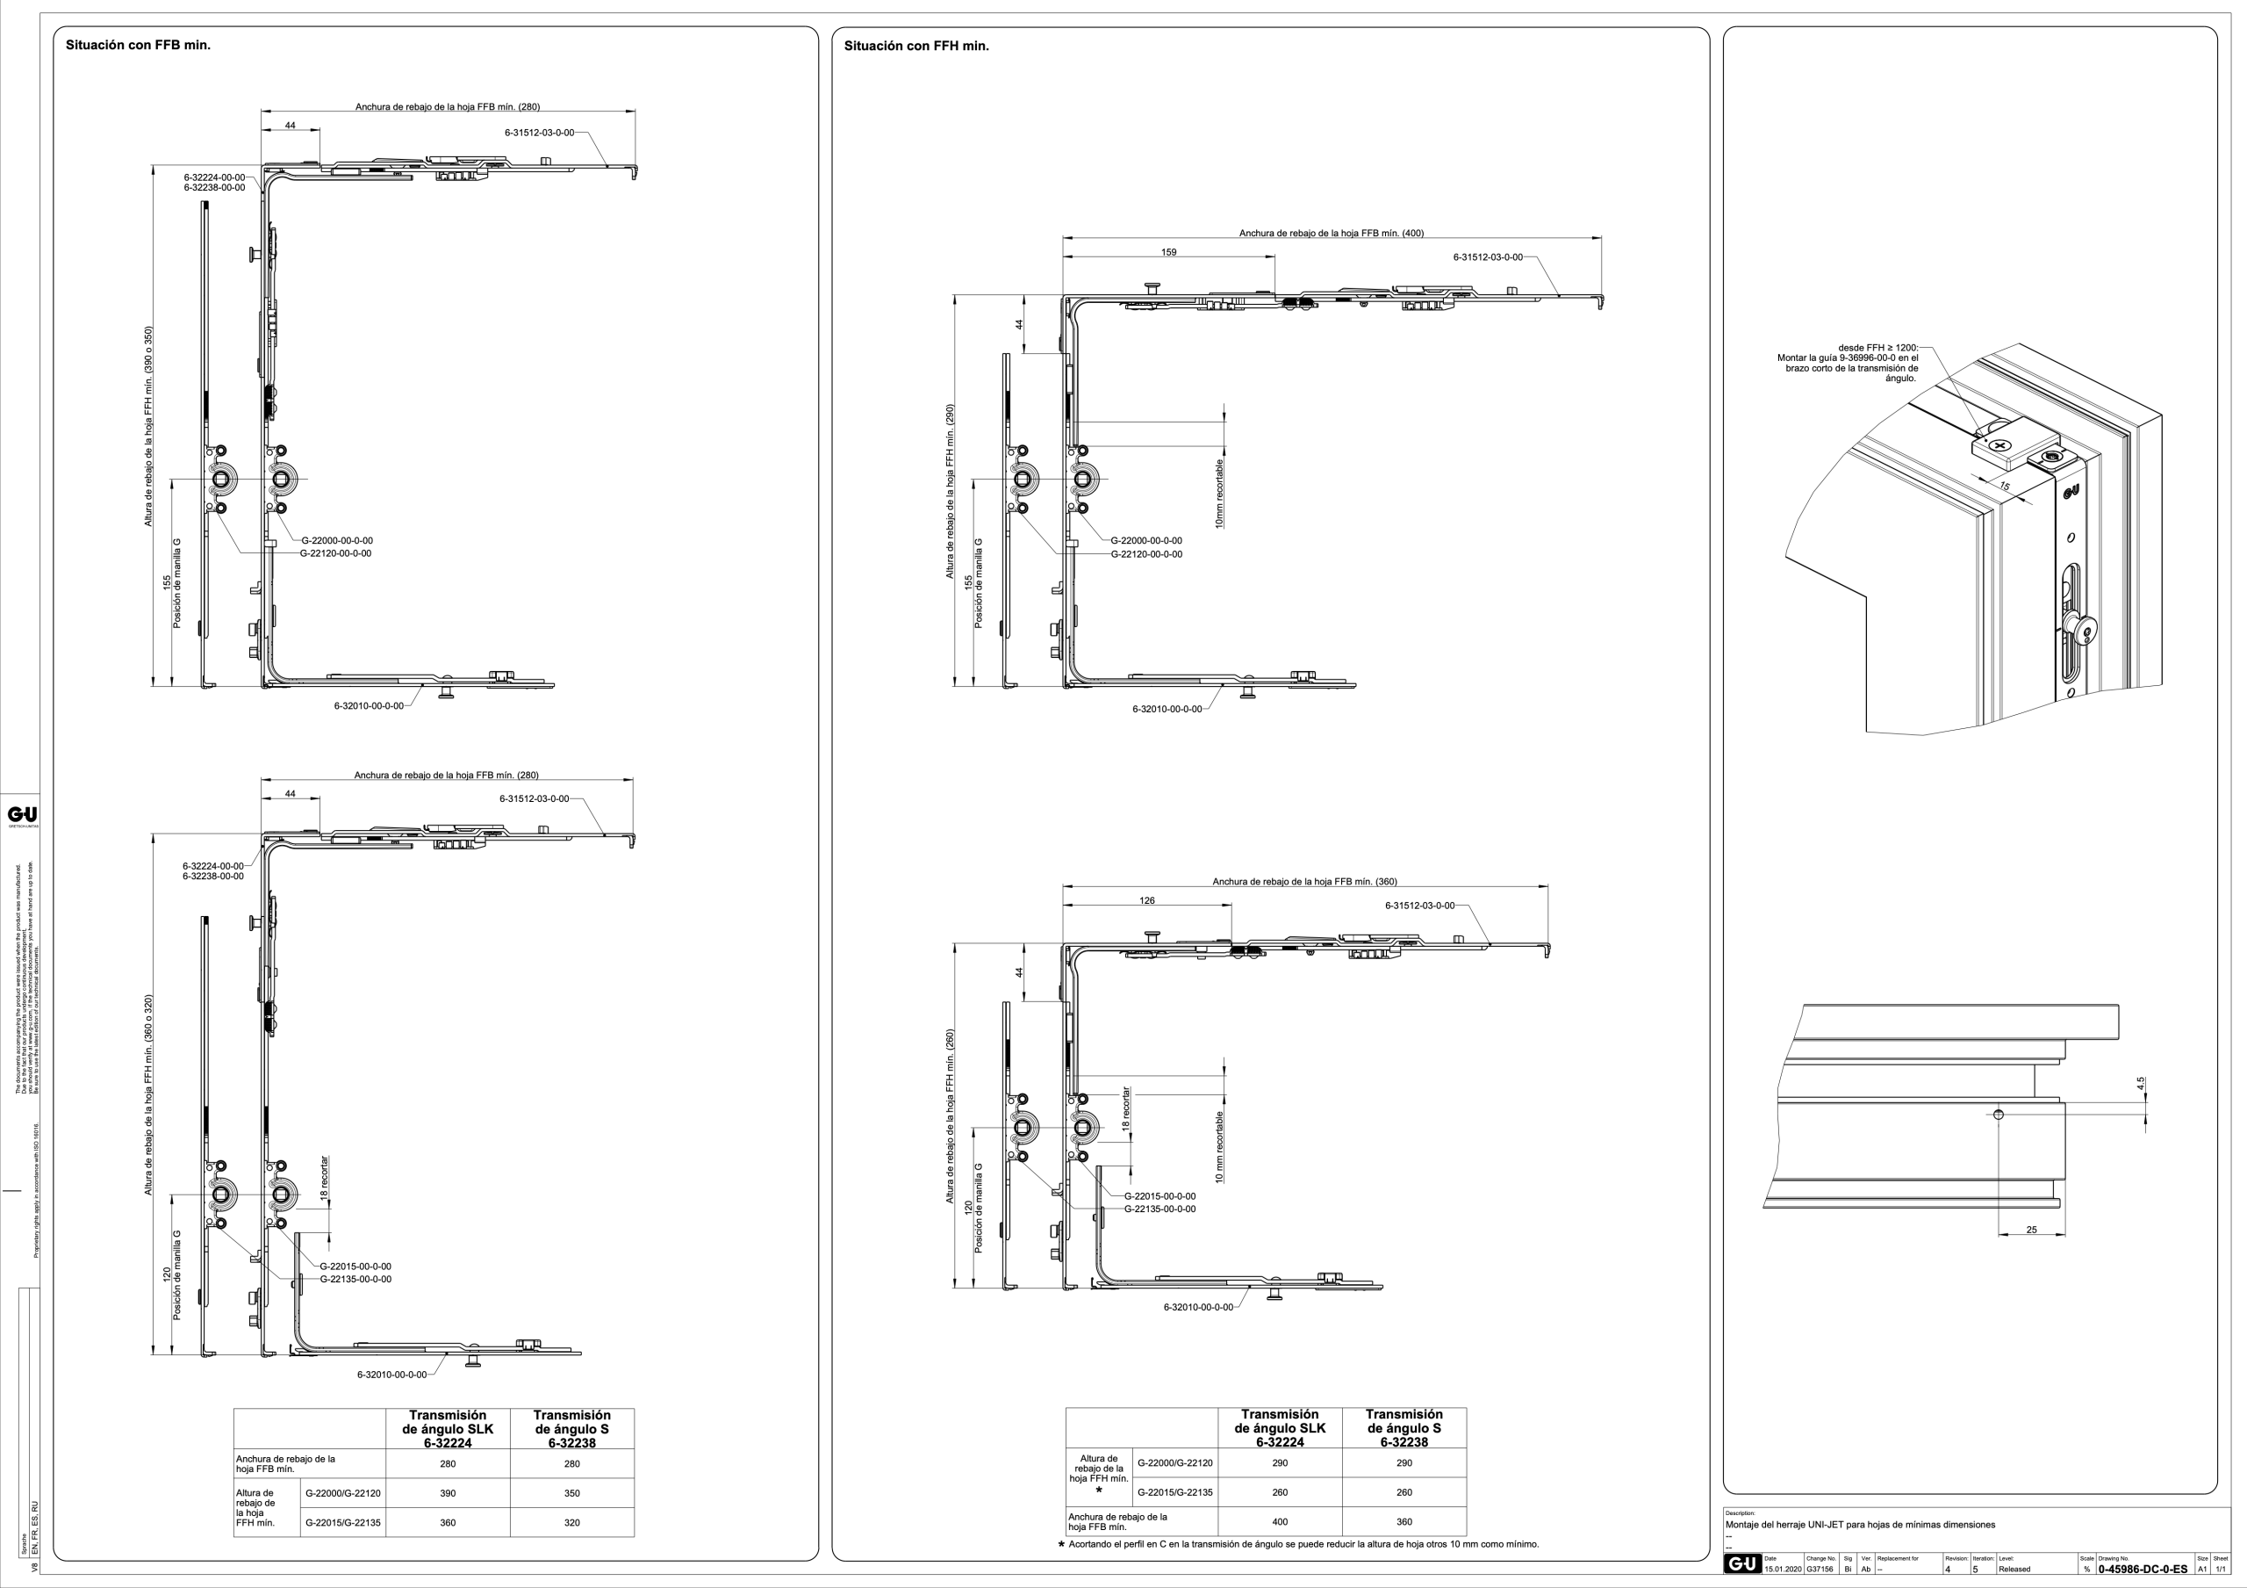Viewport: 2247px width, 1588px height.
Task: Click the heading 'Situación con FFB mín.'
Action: [x=138, y=45]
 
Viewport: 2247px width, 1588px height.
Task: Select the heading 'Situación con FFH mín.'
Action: [x=916, y=46]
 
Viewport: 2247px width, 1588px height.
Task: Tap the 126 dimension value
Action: [x=1147, y=900]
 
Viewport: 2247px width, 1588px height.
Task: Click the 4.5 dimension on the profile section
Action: [x=2140, y=1083]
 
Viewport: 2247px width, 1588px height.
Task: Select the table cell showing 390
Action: [x=448, y=1493]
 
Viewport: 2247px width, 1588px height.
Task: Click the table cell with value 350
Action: [x=571, y=1493]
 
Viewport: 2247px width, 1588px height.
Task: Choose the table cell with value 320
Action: [x=571, y=1522]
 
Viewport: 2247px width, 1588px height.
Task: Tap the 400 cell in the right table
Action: [x=1279, y=1521]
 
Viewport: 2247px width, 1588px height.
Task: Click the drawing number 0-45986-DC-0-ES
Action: [x=2143, y=1570]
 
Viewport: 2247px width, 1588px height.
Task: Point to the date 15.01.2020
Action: [x=1782, y=1570]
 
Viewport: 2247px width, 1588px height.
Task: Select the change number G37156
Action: [x=1820, y=1570]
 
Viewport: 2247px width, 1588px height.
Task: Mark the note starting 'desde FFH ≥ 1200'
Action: [x=1849, y=362]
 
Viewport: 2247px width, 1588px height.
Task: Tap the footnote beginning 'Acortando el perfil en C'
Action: [x=1303, y=1544]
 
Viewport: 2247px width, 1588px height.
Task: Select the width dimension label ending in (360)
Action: [x=1304, y=881]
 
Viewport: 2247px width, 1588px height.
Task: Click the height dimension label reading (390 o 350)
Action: [x=148, y=426]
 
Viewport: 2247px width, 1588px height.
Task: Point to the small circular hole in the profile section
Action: [x=1999, y=1114]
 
